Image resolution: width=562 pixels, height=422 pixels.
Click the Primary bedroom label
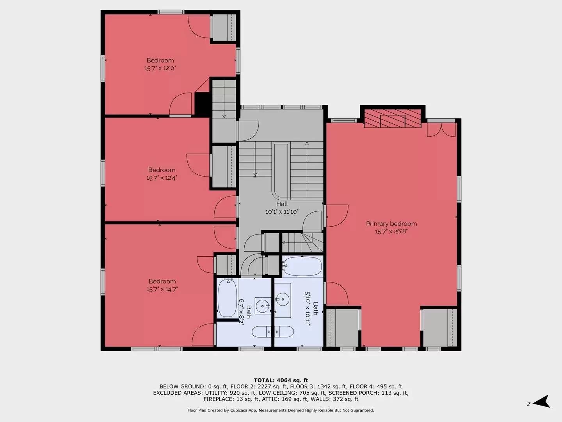[391, 224]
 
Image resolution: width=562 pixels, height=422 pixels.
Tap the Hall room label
[282, 204]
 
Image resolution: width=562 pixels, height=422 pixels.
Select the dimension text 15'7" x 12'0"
[160, 68]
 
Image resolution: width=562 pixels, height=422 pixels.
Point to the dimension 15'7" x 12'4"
[162, 178]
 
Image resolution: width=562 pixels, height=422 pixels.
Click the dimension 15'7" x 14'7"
[162, 289]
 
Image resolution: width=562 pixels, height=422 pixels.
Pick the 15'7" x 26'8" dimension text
[391, 232]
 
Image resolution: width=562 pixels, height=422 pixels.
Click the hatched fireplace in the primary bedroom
[393, 118]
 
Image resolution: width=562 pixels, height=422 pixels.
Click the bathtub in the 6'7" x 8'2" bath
[227, 298]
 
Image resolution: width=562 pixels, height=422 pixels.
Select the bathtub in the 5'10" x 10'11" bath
[302, 266]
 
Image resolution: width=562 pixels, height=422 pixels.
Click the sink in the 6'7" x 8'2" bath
[263, 306]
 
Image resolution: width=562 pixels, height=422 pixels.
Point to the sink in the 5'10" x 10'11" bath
[283, 300]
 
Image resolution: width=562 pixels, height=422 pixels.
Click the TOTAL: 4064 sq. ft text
[281, 380]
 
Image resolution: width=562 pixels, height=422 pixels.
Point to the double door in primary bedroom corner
[441, 130]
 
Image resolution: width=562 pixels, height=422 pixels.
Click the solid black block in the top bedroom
[202, 104]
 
